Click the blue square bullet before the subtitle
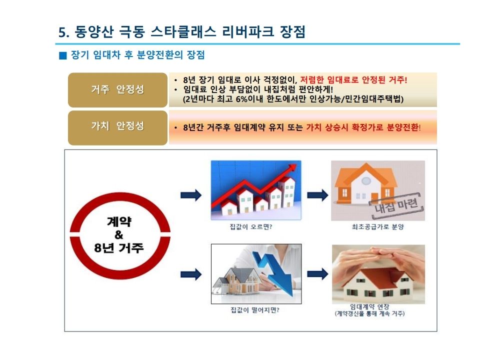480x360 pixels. [63, 55]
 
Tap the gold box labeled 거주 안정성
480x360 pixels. [117, 89]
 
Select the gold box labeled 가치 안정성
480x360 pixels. [117, 127]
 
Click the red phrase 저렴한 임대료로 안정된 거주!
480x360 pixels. [353, 80]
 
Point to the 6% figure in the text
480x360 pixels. [241, 99]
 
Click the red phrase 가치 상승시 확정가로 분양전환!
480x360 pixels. [363, 127]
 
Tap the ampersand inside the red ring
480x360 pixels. [119, 235]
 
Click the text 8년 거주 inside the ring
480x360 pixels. [119, 247]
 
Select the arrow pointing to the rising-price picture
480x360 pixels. [191, 194]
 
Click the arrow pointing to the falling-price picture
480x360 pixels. [191, 274]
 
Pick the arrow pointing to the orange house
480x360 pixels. [317, 194]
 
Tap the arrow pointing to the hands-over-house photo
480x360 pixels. [317, 274]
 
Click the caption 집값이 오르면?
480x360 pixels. [250, 227]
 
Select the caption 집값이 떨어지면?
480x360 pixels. [254, 310]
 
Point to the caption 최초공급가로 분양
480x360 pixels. [378, 227]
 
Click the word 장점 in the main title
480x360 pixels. [292, 32]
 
